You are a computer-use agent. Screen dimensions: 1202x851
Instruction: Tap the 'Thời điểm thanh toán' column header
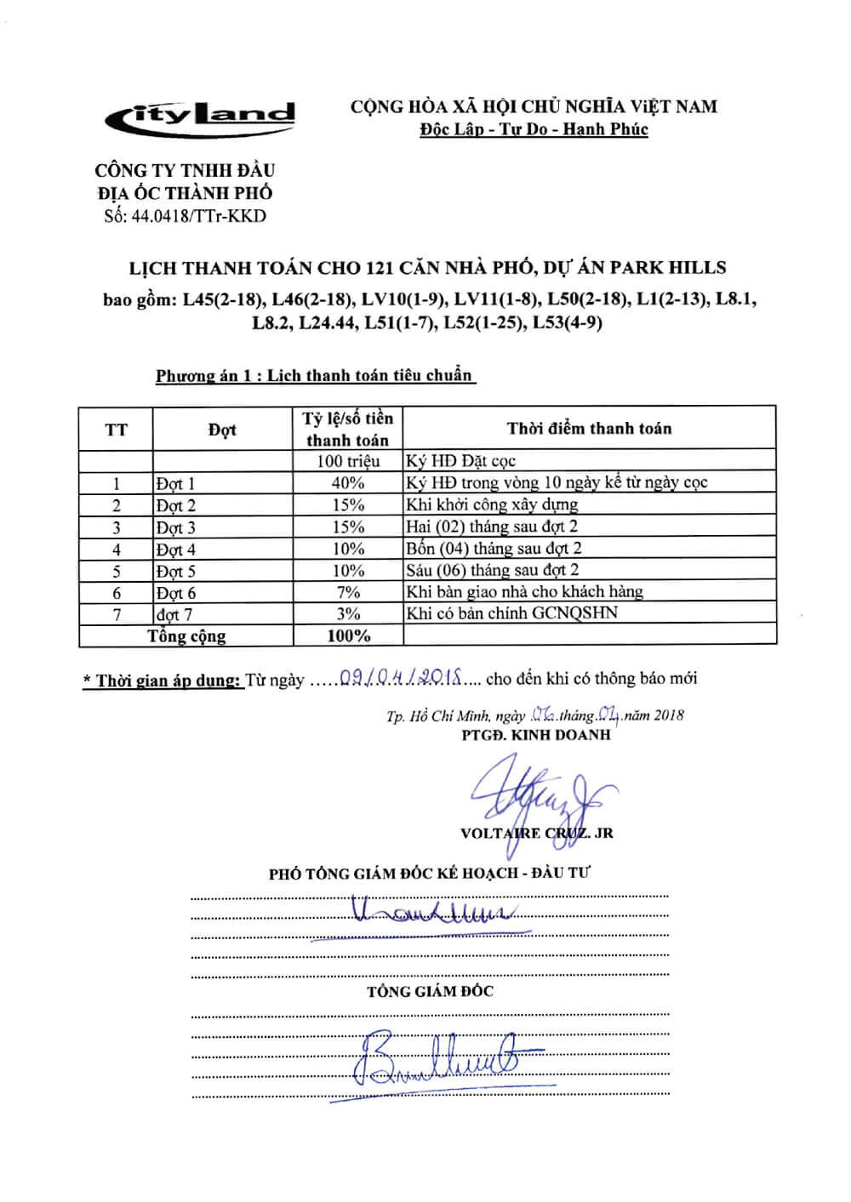(589, 429)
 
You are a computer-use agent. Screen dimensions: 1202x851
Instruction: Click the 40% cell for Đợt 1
(347, 483)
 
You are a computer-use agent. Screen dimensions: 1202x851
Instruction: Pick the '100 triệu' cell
(347, 462)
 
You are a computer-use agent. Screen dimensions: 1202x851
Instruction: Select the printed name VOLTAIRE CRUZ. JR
(536, 833)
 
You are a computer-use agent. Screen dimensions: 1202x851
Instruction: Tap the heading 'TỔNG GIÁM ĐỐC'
(430, 991)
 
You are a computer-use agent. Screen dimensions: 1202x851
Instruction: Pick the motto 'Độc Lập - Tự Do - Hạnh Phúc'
(534, 130)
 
